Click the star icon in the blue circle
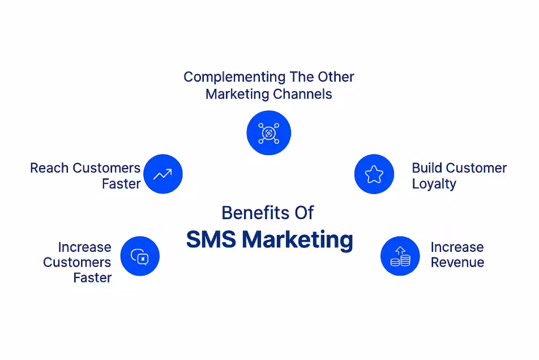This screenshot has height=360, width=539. coord(374,174)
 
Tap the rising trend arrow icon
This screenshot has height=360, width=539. coord(162,174)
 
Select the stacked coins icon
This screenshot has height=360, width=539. coord(400,256)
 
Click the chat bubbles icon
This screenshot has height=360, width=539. coord(139,256)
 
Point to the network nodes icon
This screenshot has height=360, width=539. coord(269,133)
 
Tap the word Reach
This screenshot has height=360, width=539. coord(49,168)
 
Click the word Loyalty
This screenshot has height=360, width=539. coord(434,184)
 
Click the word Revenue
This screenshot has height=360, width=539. coord(457,263)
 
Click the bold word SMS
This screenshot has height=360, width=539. coord(211,239)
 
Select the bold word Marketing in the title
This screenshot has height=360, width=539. coord(298,240)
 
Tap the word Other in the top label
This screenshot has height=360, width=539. coord(336,77)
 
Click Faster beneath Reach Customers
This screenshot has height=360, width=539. coord(121,184)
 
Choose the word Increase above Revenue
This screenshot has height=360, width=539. coord(457,247)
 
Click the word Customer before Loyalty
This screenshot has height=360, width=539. coord(477,168)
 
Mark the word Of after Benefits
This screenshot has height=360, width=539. coord(304,213)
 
